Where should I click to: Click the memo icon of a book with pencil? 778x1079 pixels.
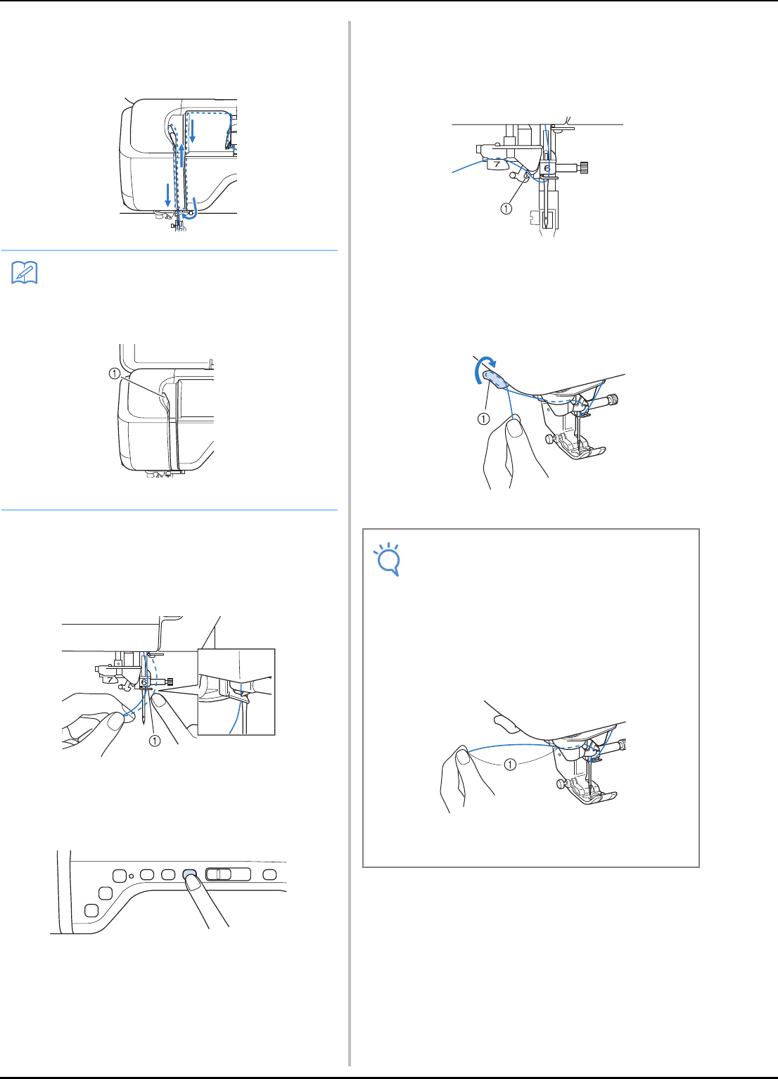tap(24, 273)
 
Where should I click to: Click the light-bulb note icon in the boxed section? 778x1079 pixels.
tap(388, 559)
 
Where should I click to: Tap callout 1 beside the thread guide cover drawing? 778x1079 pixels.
tap(114, 373)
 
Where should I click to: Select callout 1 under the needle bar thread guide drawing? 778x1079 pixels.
tap(506, 209)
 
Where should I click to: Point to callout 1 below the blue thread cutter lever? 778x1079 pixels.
tap(483, 419)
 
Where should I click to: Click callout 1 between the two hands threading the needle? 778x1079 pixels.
tap(155, 741)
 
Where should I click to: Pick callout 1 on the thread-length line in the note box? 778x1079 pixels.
tap(510, 764)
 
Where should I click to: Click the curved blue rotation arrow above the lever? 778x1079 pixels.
tap(483, 368)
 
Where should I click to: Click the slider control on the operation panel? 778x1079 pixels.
tap(228, 874)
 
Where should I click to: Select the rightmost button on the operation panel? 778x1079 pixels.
tap(270, 874)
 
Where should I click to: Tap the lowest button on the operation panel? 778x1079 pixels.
tap(91, 910)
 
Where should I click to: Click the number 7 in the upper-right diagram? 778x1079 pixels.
tap(497, 165)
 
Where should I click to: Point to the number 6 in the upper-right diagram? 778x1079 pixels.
tap(547, 169)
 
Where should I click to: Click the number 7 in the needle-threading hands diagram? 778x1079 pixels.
tap(110, 679)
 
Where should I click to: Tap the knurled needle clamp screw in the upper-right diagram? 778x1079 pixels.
tap(585, 167)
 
